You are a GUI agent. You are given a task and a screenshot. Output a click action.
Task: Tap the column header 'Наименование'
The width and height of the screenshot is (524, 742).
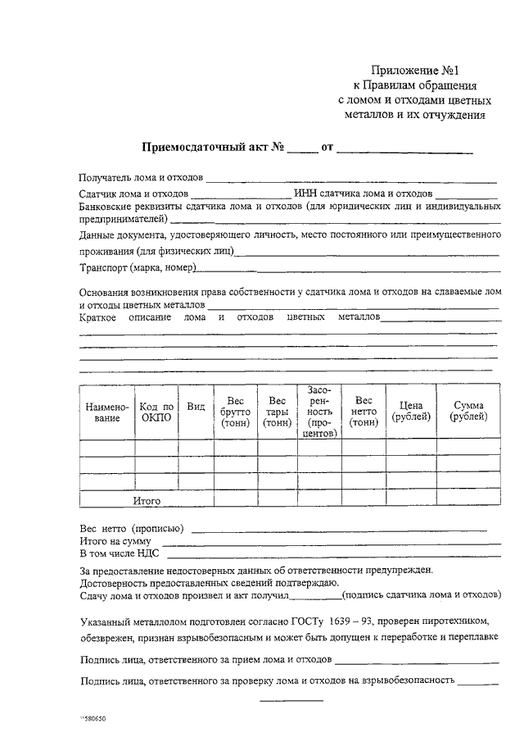(x=102, y=412)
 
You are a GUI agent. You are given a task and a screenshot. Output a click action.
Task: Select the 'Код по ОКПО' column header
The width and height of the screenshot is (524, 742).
(x=156, y=412)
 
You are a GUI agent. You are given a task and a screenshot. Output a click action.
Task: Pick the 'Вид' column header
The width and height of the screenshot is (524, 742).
(x=196, y=406)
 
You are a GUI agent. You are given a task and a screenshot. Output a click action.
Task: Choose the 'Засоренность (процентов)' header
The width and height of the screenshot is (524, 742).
(x=319, y=412)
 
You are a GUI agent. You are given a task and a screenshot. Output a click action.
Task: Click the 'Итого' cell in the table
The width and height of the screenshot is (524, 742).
(x=147, y=500)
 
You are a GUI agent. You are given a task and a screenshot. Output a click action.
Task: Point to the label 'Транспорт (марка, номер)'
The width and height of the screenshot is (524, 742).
(x=138, y=269)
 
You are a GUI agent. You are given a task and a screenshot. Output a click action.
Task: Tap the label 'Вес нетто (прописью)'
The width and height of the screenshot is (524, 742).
(x=131, y=528)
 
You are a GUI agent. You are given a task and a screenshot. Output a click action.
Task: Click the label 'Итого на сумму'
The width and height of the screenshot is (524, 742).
(x=118, y=541)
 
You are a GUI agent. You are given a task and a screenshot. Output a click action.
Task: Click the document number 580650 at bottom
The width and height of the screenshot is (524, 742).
(x=93, y=718)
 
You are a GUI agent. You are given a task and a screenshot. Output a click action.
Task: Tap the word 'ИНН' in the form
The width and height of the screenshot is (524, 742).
(x=304, y=193)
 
